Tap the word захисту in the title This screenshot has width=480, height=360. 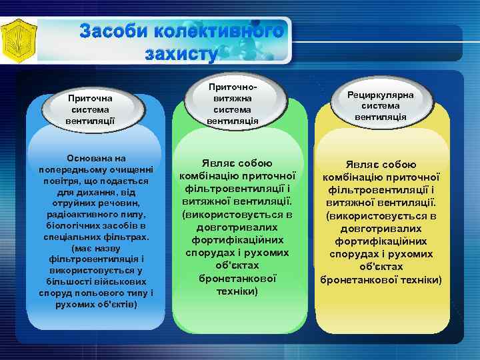[x=181, y=54]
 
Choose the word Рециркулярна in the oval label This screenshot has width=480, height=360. [x=381, y=95]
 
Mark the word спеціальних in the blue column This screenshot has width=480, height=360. [x=67, y=237]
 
